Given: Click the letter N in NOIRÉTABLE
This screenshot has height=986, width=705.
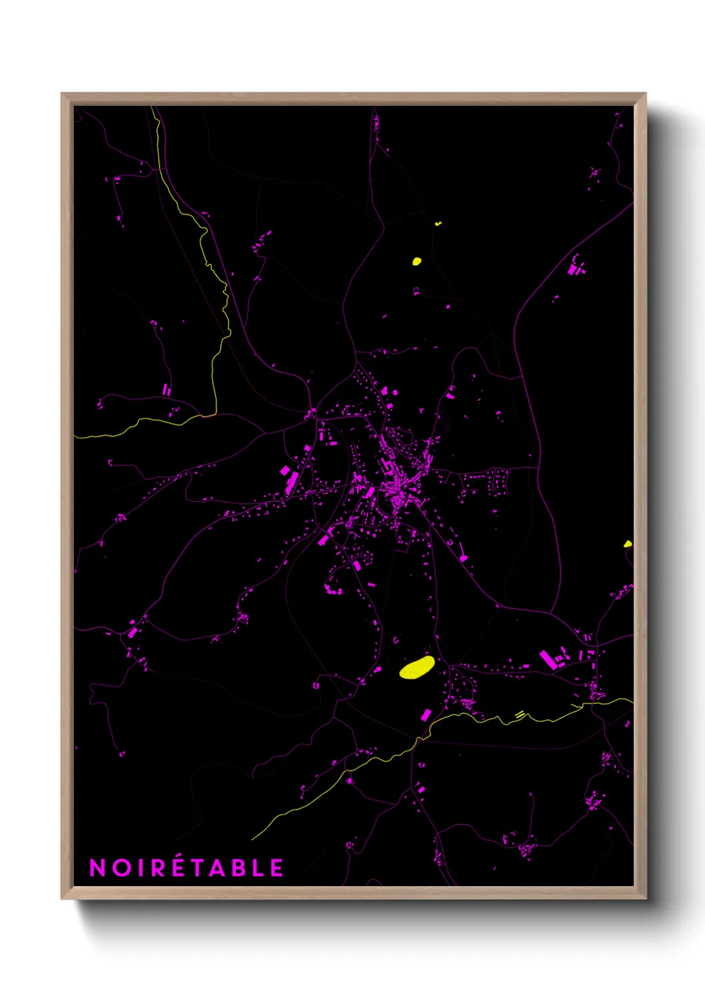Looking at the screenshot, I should (x=97, y=867).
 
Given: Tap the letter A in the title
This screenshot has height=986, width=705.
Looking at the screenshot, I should (x=226, y=867).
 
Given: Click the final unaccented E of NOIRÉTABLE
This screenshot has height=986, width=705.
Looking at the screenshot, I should (x=277, y=867).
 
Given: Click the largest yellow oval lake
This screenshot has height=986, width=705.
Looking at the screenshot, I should (x=417, y=667).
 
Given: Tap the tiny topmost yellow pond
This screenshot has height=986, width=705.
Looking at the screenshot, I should (x=438, y=224).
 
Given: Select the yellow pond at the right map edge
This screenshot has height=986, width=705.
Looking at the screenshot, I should (x=628, y=544).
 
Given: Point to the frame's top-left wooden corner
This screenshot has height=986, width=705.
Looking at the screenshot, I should (x=65, y=97).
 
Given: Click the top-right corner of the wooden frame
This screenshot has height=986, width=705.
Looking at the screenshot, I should (x=642, y=97).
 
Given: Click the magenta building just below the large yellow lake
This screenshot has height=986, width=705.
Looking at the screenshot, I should (x=426, y=716).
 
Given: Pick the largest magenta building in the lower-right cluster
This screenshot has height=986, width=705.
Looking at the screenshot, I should (x=548, y=660).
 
